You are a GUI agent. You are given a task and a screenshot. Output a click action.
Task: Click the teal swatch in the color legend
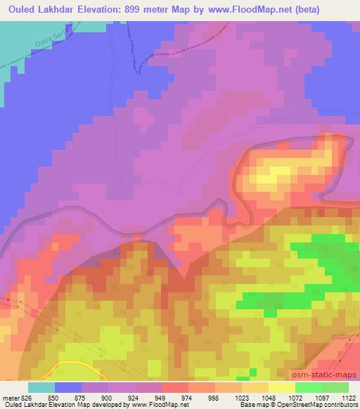[41, 387]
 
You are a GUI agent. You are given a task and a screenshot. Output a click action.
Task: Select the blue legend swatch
[68, 387]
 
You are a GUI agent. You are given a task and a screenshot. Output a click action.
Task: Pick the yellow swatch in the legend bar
[282, 387]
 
